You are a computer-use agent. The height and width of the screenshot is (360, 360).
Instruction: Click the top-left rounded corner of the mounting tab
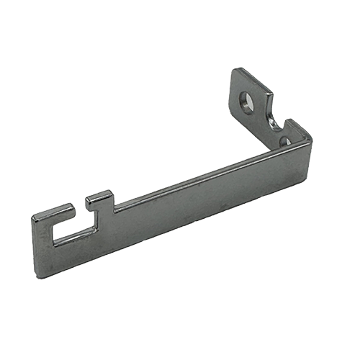click(x=235, y=72)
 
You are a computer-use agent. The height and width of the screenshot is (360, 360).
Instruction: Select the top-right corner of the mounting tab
click(x=270, y=91)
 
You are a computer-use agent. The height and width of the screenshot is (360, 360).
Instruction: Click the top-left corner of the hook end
click(x=33, y=216)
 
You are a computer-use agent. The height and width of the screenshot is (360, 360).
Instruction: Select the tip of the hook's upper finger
click(x=71, y=207)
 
